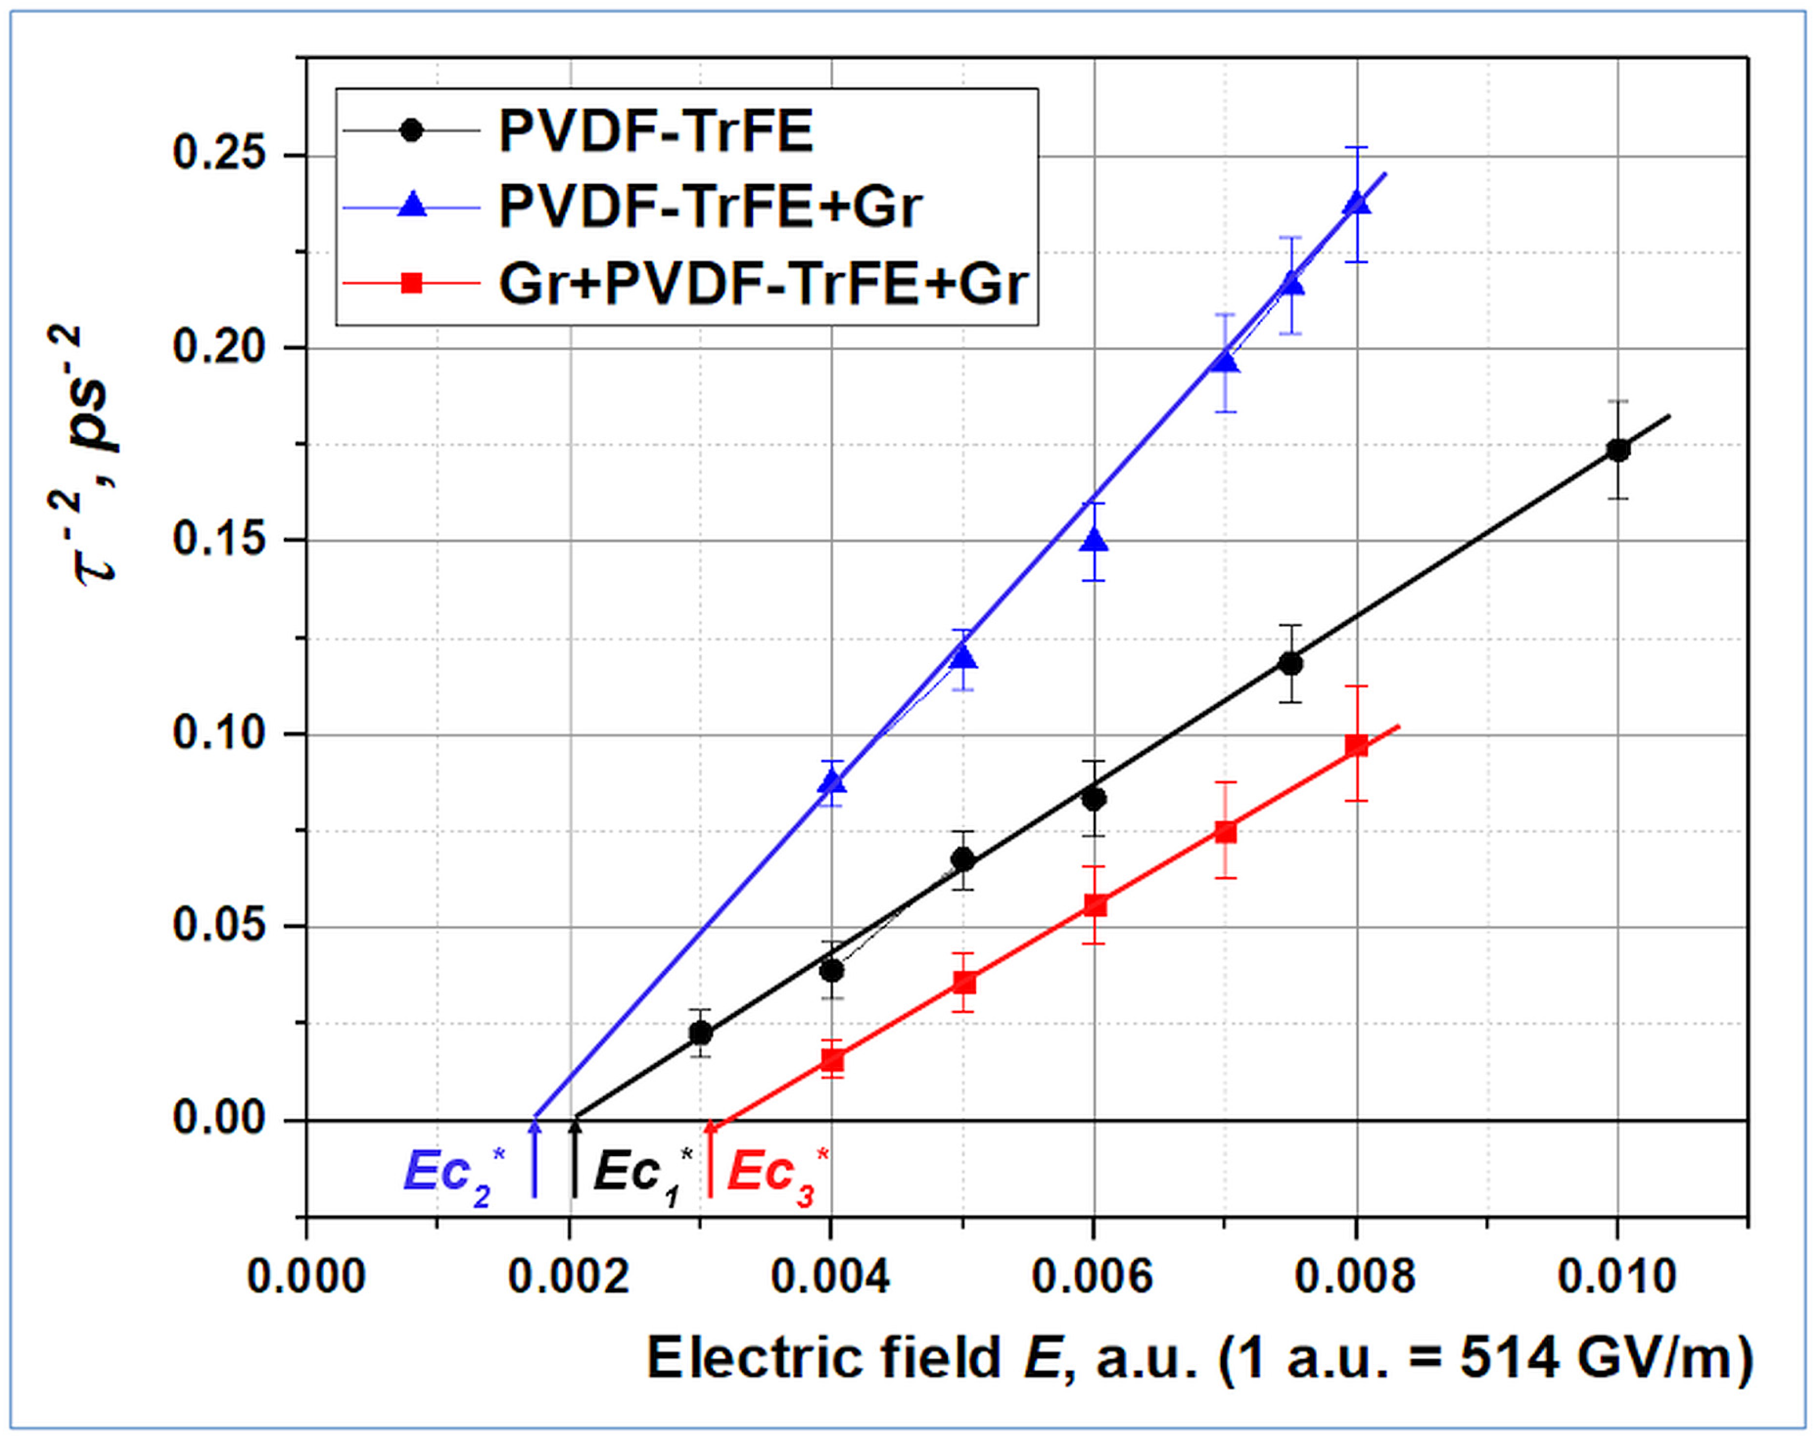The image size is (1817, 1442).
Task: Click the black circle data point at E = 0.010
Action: (x=1617, y=450)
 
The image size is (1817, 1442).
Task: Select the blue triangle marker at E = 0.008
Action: (x=1356, y=204)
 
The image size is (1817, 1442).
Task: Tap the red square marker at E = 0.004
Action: (x=832, y=1060)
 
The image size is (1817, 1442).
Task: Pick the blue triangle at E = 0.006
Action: (x=1094, y=541)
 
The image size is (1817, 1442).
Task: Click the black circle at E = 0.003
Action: (x=700, y=1033)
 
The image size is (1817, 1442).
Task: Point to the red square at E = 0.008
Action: (x=1356, y=746)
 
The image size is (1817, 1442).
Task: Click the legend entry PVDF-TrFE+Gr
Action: (x=710, y=206)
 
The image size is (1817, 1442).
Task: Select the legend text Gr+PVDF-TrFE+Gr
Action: (x=763, y=284)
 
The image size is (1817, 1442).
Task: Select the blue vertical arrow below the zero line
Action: (x=534, y=1158)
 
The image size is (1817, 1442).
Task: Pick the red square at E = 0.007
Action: (x=1225, y=831)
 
